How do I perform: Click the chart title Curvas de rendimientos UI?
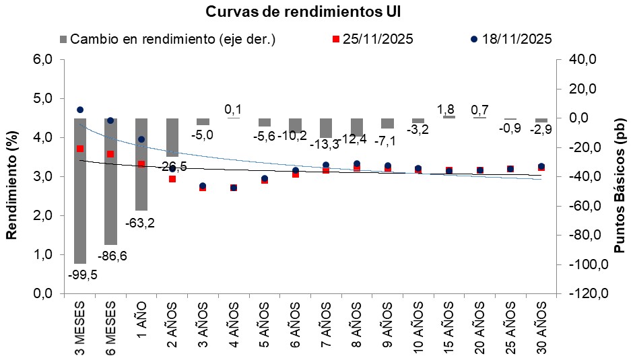point(316,11)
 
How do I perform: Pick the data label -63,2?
point(141,222)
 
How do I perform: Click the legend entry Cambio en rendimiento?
point(168,39)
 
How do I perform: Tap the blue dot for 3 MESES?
point(80,109)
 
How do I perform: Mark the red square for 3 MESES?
point(80,149)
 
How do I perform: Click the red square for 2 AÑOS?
point(172,179)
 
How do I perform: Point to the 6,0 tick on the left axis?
point(42,59)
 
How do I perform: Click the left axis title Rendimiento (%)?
point(11,176)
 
